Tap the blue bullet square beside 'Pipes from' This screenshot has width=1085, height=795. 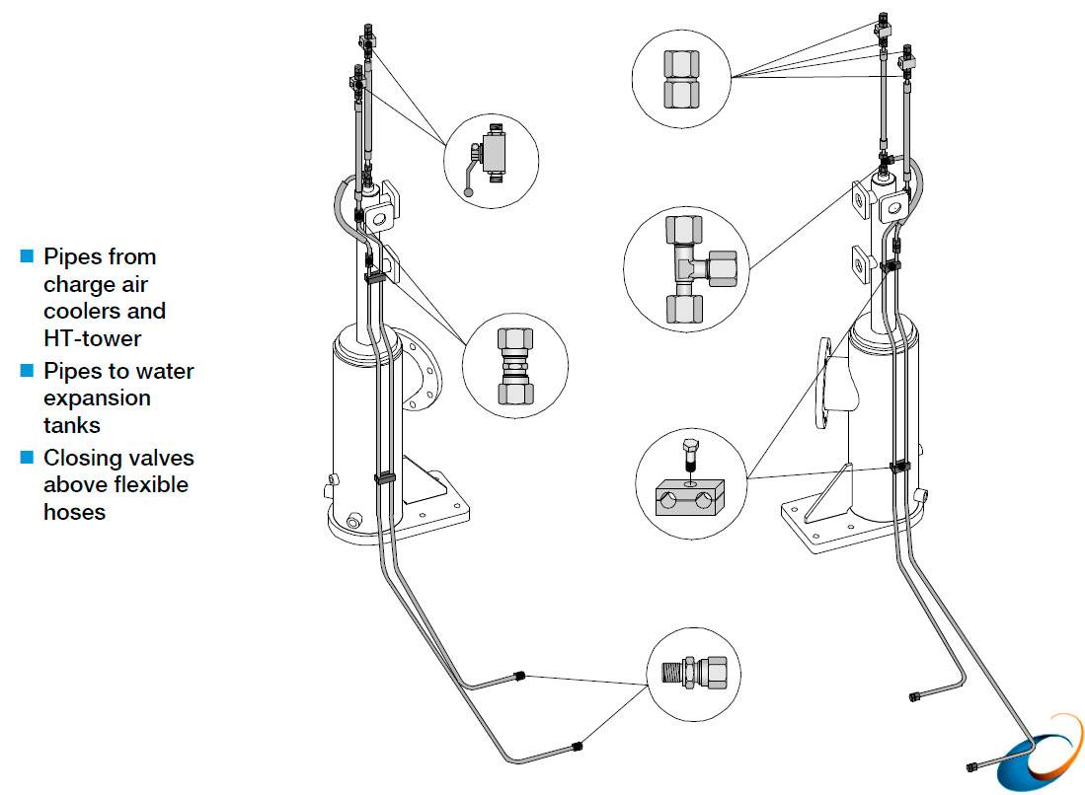click(x=27, y=257)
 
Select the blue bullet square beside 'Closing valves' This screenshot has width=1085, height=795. click(x=27, y=459)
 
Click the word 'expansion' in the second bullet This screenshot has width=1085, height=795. click(x=97, y=398)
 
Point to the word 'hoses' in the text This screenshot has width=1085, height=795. click(x=75, y=512)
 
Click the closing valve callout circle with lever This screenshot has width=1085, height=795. click(x=491, y=159)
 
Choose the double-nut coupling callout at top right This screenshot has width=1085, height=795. click(x=680, y=78)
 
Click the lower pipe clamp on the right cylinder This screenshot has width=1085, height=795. click(x=899, y=465)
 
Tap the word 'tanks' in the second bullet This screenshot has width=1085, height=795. click(x=71, y=425)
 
